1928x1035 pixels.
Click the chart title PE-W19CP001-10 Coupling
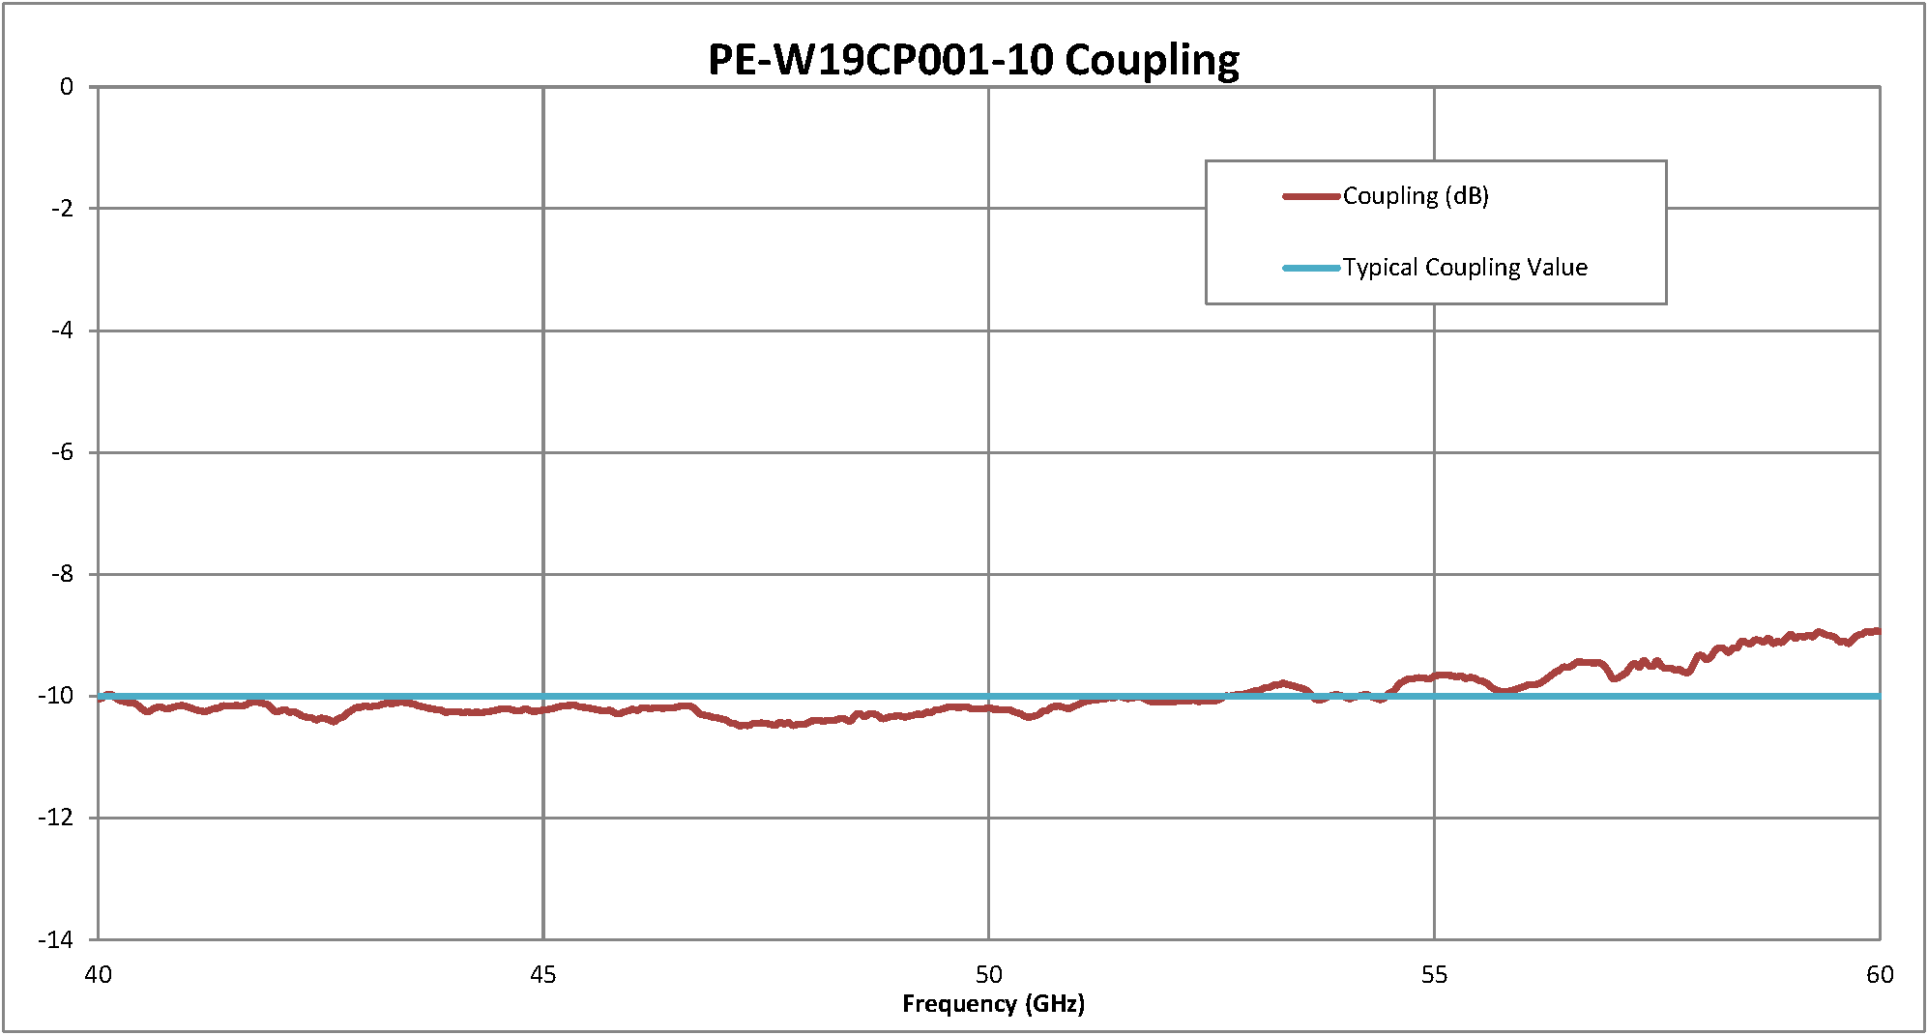tap(974, 60)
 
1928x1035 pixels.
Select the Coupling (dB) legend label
tap(1416, 196)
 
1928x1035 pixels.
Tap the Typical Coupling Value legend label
tap(1465, 268)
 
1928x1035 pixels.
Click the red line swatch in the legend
tap(1311, 196)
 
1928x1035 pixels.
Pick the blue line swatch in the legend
tap(1311, 268)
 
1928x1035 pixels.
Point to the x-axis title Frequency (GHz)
tap(993, 1004)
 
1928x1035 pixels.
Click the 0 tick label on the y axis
tap(66, 87)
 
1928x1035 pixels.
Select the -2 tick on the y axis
tap(61, 209)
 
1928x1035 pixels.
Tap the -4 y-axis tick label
tap(61, 331)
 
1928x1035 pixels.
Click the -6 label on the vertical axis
tap(61, 452)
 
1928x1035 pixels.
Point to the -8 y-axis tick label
tap(61, 574)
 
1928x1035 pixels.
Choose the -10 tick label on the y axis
tap(56, 696)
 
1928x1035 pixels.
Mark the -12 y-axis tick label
tap(56, 818)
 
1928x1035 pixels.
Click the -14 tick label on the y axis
tap(56, 939)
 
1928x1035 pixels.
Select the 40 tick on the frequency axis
tap(98, 974)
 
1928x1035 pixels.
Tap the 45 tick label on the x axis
tap(543, 974)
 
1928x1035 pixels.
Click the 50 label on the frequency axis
tap(988, 974)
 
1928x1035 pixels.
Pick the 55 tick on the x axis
tap(1434, 974)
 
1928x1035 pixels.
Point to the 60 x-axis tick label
tap(1880, 974)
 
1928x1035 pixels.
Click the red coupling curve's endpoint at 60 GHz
tap(1878, 631)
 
